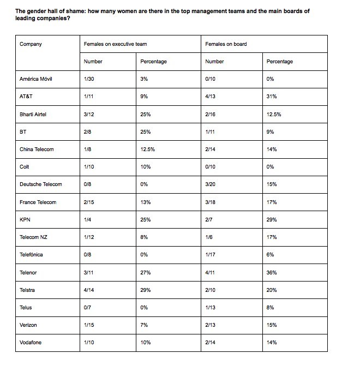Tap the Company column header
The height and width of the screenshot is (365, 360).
pos(31,44)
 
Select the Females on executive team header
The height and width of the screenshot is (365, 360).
pos(115,44)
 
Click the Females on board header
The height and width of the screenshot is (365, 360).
pos(226,44)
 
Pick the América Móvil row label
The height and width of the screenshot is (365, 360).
pos(35,79)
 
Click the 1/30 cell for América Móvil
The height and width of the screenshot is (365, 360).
pos(90,79)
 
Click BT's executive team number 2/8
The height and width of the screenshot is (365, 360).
pos(89,131)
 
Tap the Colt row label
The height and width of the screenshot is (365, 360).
pos(24,166)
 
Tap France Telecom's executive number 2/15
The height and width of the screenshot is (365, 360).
pos(90,202)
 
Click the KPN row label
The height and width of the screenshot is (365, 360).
pos(25,219)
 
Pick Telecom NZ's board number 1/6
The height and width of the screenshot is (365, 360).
pos(210,237)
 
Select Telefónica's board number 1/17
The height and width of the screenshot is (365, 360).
pos(211,254)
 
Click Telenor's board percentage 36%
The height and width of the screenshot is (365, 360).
pos(272,272)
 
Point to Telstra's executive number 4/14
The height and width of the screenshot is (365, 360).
pos(90,290)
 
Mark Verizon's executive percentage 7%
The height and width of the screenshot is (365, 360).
pos(145,325)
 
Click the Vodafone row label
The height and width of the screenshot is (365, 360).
pos(31,343)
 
